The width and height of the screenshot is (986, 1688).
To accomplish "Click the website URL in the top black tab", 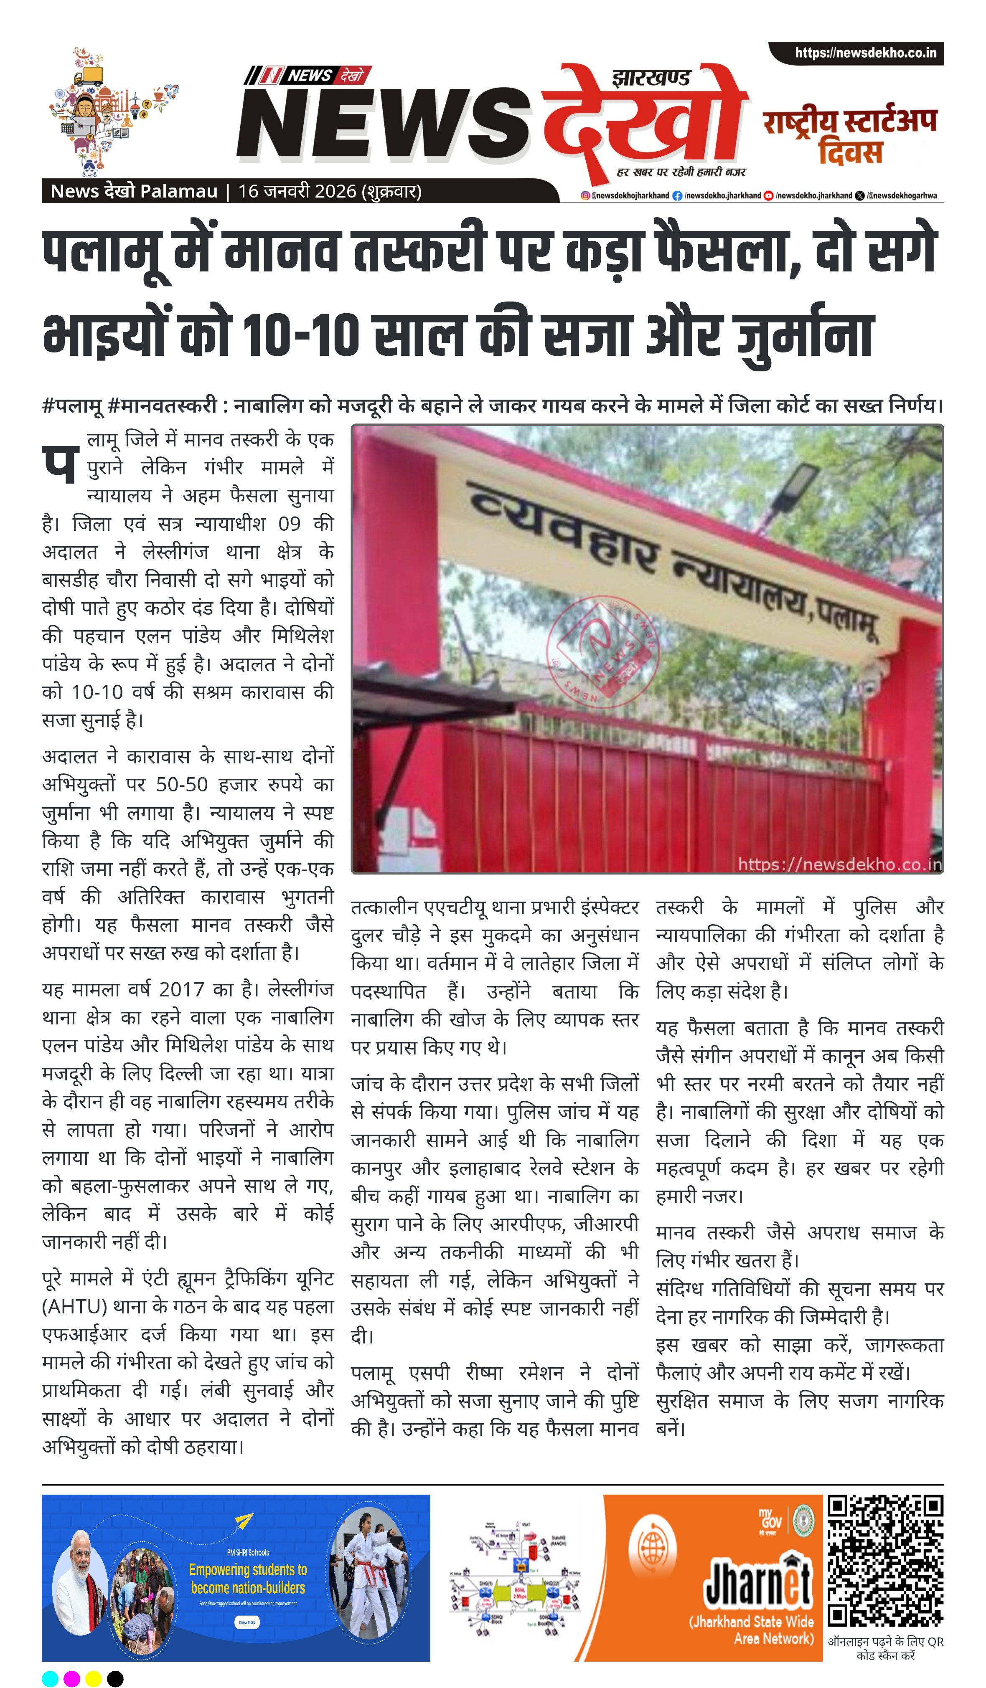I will [x=865, y=53].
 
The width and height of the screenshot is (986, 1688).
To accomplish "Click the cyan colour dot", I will [x=50, y=1673].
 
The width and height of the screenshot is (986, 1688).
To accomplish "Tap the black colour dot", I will [x=115, y=1673].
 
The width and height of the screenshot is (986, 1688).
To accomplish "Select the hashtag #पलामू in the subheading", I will [x=72, y=406].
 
